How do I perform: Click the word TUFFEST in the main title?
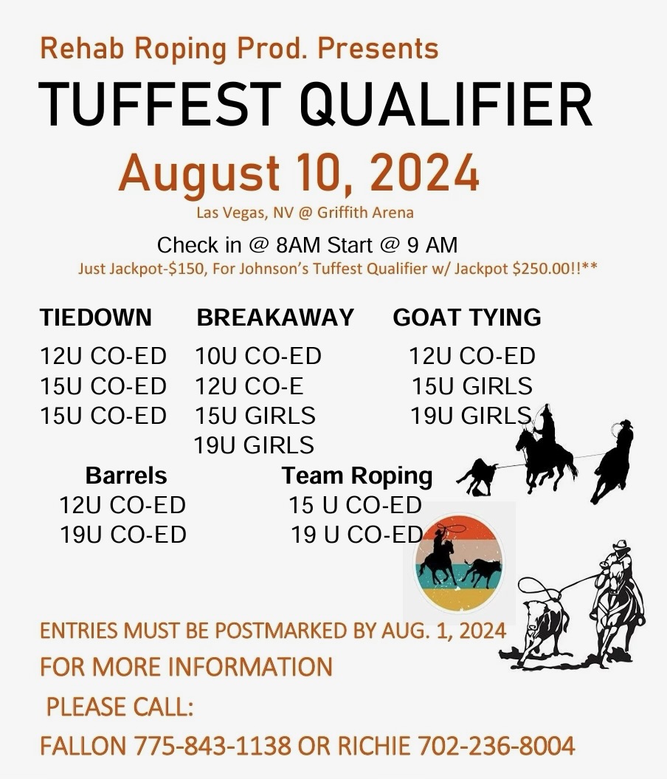pos(153,104)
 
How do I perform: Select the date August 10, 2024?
pos(299,174)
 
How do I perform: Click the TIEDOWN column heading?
pos(95,318)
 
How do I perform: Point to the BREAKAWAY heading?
pos(275,318)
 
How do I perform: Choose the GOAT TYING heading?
pos(467,318)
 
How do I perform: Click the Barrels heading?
pos(126,475)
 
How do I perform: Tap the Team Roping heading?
pos(357,476)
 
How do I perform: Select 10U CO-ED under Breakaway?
pos(258,357)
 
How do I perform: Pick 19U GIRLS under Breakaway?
pos(254,445)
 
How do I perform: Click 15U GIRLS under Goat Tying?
pos(472,386)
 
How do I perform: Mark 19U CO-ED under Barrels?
pos(123,534)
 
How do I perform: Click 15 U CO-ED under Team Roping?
pos(355,505)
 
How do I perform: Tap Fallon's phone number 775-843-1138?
pos(212,745)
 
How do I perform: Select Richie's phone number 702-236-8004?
pos(497,745)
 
